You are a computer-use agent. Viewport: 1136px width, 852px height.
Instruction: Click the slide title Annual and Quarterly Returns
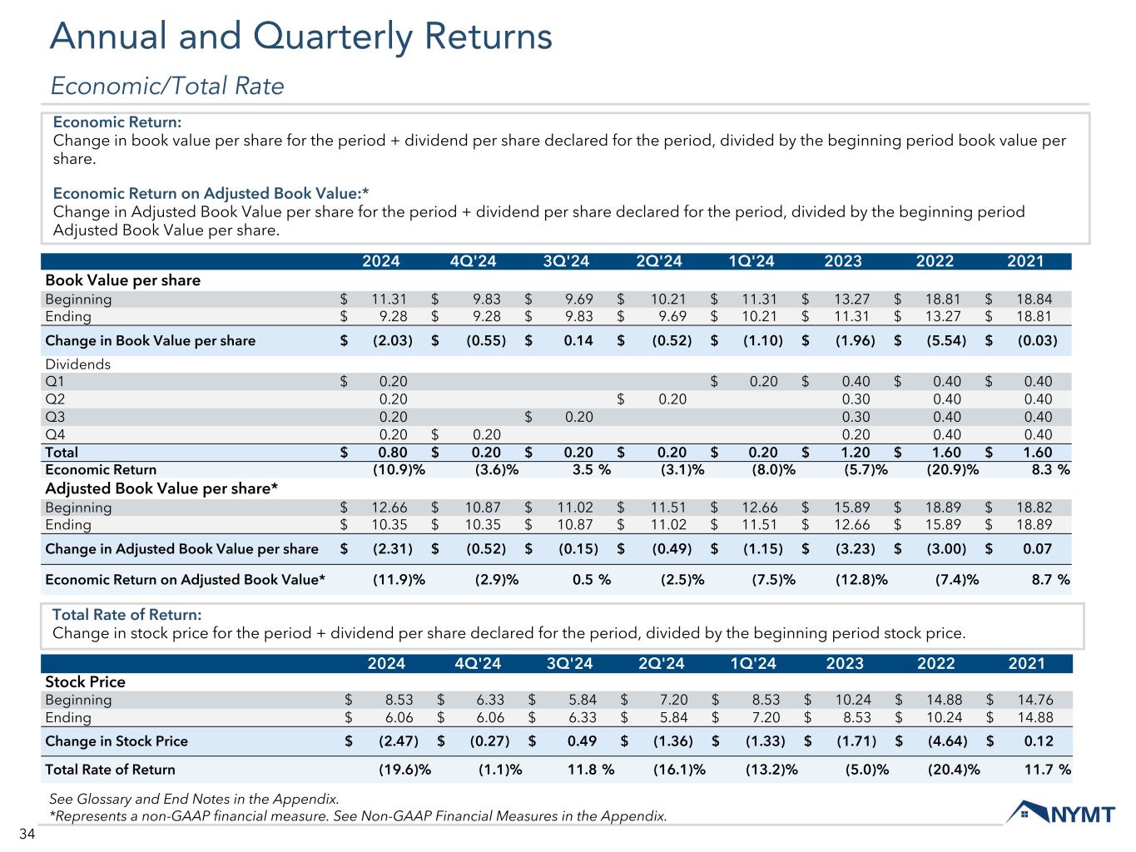pyautogui.click(x=300, y=37)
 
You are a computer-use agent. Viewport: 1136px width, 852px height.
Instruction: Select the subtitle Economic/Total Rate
pyautogui.click(x=167, y=86)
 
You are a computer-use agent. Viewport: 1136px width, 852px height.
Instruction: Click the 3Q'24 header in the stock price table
pyautogui.click(x=570, y=664)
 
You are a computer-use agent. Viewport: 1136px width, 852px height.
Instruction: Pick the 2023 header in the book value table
pyautogui.click(x=842, y=261)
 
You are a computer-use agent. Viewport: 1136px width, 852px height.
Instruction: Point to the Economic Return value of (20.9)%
pyautogui.click(x=953, y=469)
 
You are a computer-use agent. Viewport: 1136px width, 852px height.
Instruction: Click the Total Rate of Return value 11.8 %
pyautogui.click(x=590, y=770)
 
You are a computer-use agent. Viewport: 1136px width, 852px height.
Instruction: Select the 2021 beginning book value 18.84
pyautogui.click(x=1033, y=300)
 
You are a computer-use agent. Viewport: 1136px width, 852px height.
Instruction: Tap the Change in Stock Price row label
pyautogui.click(x=117, y=741)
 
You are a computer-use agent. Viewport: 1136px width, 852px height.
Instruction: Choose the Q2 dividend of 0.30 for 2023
pyautogui.click(x=856, y=399)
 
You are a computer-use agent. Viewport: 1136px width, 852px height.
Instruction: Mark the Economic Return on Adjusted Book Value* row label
pyautogui.click(x=185, y=579)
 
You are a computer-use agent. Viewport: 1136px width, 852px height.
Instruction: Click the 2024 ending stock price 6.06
pyautogui.click(x=395, y=717)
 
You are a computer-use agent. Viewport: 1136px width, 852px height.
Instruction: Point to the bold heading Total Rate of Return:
pyautogui.click(x=126, y=615)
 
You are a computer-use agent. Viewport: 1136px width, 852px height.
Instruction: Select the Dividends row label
pyautogui.click(x=77, y=364)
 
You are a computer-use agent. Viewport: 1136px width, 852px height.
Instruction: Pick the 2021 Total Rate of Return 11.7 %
pyautogui.click(x=1047, y=770)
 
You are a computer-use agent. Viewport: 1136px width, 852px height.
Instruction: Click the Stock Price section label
pyautogui.click(x=85, y=682)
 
